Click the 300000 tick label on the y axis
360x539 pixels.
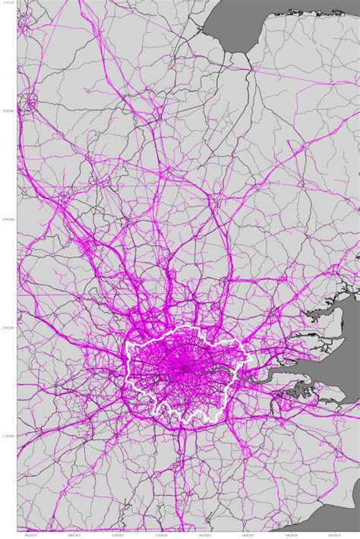pos(9,112)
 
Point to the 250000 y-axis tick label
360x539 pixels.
pos(9,220)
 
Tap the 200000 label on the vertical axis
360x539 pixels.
pos(9,329)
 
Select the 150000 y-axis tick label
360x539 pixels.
pos(9,437)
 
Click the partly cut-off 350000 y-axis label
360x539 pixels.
pos(9,3)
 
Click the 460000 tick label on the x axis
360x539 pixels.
pos(30,535)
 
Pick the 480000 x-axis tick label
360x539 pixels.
pos(73,535)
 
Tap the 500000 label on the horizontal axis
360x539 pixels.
pos(116,535)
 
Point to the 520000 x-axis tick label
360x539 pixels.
pos(159,535)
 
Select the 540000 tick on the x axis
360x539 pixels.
pos(203,535)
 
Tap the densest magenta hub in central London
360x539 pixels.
pos(182,370)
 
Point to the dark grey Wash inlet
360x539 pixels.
pos(228,23)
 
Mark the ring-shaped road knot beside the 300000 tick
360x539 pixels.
pos(31,101)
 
